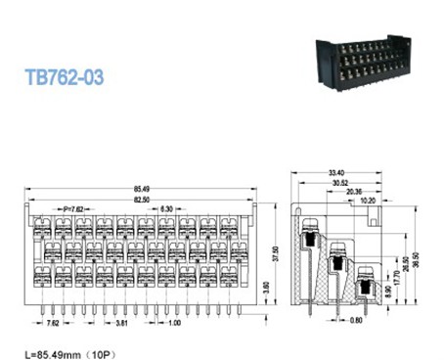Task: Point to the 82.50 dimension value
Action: point(142,199)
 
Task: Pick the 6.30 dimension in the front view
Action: point(167,209)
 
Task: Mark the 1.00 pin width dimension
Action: point(173,322)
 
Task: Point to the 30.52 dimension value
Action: point(342,184)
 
